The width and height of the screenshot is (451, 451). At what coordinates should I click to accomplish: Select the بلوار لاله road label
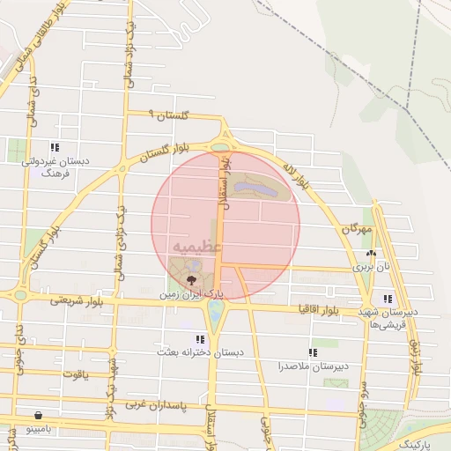click(x=297, y=174)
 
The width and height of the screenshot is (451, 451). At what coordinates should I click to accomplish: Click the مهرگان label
click(x=361, y=229)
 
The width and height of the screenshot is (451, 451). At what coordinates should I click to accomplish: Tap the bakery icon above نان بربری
click(x=371, y=254)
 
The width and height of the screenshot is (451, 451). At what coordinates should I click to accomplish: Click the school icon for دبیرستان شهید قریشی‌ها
click(x=388, y=299)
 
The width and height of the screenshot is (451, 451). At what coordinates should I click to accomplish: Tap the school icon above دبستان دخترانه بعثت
click(x=201, y=338)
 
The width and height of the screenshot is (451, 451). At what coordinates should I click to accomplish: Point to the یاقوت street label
click(x=75, y=373)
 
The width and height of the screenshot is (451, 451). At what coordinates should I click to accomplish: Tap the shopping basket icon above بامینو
click(x=39, y=415)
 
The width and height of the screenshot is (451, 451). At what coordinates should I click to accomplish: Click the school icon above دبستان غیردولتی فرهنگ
click(x=55, y=148)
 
